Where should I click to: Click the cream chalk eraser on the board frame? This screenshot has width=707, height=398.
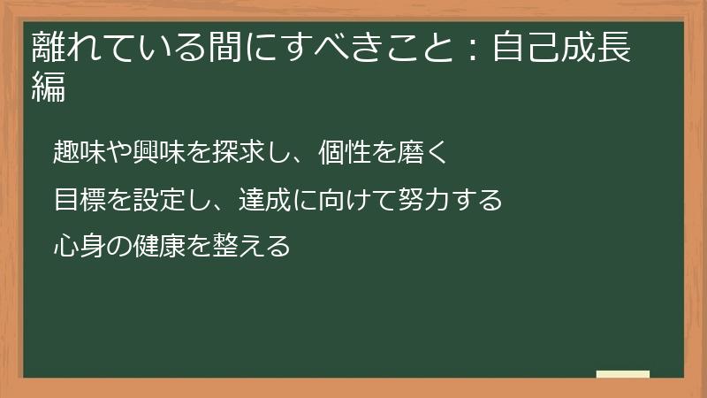[x=622, y=375]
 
